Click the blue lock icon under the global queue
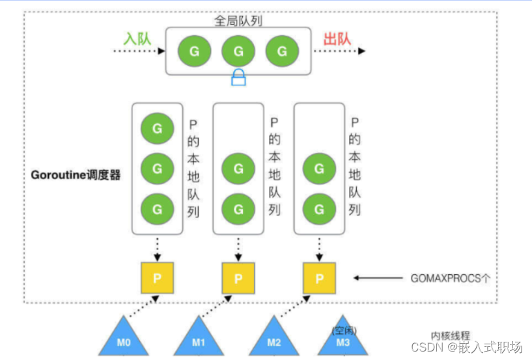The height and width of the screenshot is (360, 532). [238, 79]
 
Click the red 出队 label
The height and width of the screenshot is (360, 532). [337, 38]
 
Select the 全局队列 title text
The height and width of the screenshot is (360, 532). [238, 21]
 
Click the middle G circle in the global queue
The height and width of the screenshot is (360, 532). [238, 51]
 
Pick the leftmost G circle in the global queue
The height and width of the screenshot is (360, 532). [193, 51]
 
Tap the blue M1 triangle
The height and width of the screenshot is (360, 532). [198, 338]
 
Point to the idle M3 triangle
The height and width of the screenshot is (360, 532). [343, 339]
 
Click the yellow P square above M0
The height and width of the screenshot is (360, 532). [157, 278]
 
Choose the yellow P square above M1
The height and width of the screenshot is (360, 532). [238, 278]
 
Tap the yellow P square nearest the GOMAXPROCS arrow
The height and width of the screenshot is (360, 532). [320, 278]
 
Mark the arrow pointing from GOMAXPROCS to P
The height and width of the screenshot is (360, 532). [380, 278]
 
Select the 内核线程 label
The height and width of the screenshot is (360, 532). [450, 333]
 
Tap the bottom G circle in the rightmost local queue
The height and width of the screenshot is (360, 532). [319, 210]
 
